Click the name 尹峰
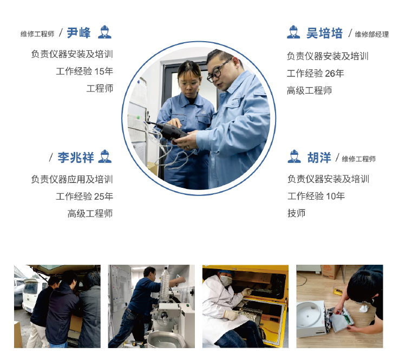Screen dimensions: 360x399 pyautogui.click(x=79, y=33)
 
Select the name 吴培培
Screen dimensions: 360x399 pyautogui.click(x=324, y=34)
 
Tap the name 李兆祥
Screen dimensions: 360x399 pyautogui.click(x=76, y=158)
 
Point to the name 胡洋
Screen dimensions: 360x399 pyautogui.click(x=319, y=158)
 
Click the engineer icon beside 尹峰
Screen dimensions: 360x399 pyautogui.click(x=104, y=32)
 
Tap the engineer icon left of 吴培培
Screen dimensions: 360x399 pyautogui.click(x=293, y=32)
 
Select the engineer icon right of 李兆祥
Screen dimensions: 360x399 pyautogui.click(x=104, y=157)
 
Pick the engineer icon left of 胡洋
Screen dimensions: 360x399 pyautogui.click(x=294, y=157)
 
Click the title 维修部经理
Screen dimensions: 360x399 pyautogui.click(x=371, y=35)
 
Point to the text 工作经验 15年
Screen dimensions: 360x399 pyautogui.click(x=84, y=71)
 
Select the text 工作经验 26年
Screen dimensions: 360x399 pyautogui.click(x=315, y=74)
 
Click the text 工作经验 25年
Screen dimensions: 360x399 pyautogui.click(x=84, y=197)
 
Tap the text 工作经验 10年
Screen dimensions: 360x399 pyautogui.click(x=316, y=196)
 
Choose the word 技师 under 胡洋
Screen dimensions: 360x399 pyautogui.click(x=296, y=213)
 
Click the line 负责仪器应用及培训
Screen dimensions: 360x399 pyautogui.click(x=72, y=179)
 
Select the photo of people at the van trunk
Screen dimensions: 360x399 pyautogui.click(x=57, y=306)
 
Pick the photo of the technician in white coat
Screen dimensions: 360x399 pyautogui.click(x=245, y=306)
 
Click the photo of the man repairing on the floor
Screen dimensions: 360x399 pyautogui.click(x=339, y=306)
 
